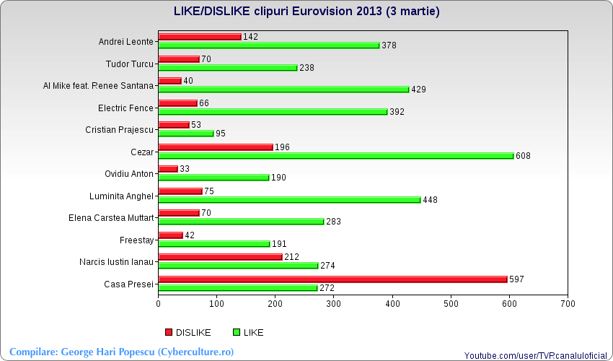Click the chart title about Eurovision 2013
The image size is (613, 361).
tap(306, 12)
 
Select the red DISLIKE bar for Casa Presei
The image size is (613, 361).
tap(332, 279)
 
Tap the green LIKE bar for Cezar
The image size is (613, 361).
tap(335, 155)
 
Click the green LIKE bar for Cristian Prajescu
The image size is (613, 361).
tap(186, 133)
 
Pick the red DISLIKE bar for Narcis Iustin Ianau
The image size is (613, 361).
tap(220, 257)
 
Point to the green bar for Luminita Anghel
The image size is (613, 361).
tap(289, 200)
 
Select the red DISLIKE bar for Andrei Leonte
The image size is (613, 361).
tap(200, 36)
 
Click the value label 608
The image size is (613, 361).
tap(523, 156)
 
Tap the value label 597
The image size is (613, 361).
tap(516, 279)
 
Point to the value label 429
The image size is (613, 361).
tap(419, 90)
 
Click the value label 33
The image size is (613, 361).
tap(185, 169)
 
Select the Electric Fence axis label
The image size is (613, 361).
tap(125, 108)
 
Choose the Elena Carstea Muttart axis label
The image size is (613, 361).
tap(111, 217)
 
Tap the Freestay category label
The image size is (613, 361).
tap(136, 240)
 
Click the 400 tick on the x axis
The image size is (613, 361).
tap(392, 304)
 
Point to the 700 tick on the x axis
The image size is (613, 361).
tap(568, 304)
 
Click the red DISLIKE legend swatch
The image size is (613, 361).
tap(169, 332)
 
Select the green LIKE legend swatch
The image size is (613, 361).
tap(236, 332)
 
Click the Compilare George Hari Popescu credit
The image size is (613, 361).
tap(121, 352)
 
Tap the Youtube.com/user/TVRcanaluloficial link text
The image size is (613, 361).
tap(536, 356)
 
